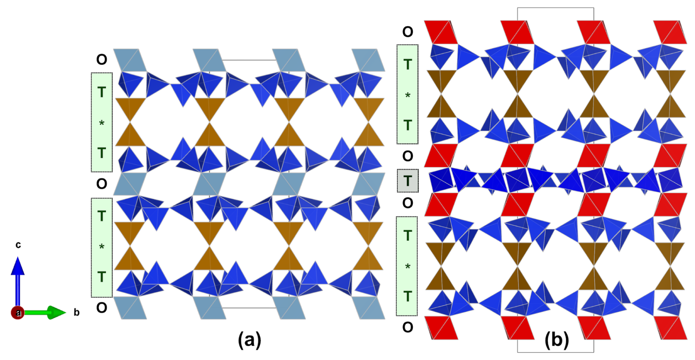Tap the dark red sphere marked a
click(x=17, y=313)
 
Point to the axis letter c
click(x=18, y=245)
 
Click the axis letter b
click(x=76, y=313)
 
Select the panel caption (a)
click(x=249, y=340)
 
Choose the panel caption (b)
click(x=557, y=340)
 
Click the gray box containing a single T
click(x=407, y=181)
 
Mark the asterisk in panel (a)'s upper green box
click(x=102, y=123)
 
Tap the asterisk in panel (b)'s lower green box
click(x=407, y=266)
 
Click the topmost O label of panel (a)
click(x=102, y=60)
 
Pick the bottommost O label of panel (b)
click(x=407, y=327)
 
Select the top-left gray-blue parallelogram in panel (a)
click(x=130, y=60)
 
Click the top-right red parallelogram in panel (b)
click(x=670, y=32)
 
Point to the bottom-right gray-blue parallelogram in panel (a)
click(x=368, y=308)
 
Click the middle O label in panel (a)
click(x=102, y=184)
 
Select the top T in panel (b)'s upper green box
click(x=407, y=65)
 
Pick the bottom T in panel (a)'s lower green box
click(x=102, y=277)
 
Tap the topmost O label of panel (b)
click(x=407, y=32)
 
